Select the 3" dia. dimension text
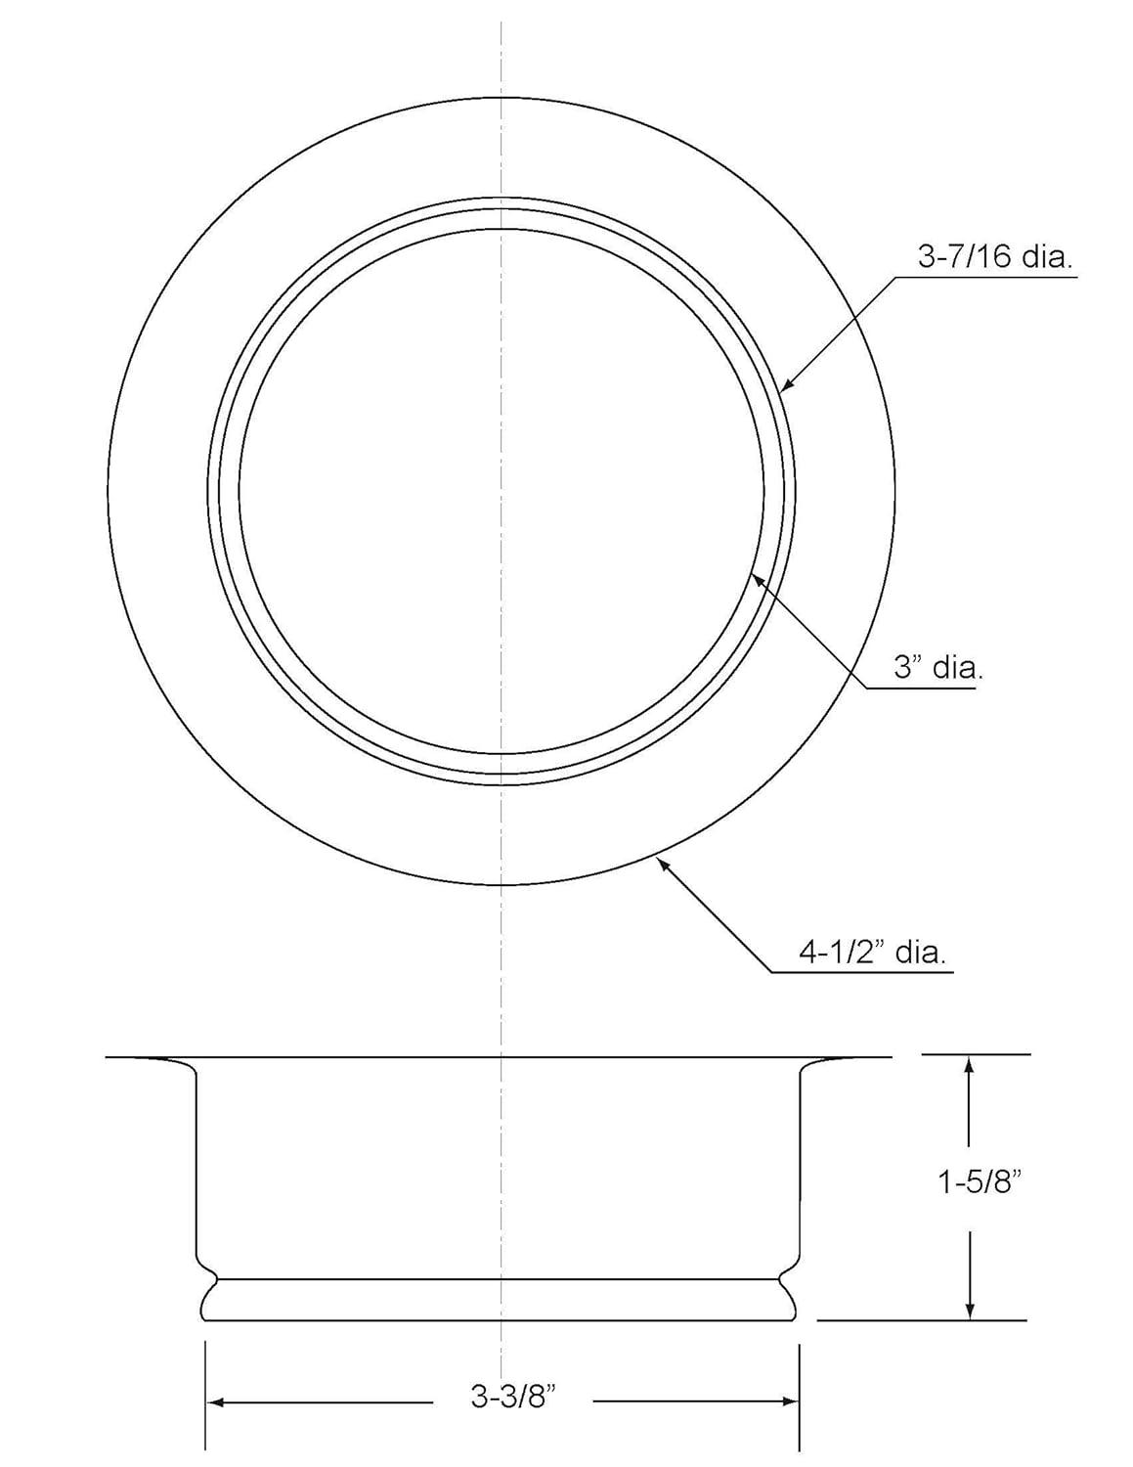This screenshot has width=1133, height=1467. [x=937, y=668]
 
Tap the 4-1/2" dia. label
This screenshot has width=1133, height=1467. [x=872, y=952]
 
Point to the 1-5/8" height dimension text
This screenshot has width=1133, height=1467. [x=980, y=1182]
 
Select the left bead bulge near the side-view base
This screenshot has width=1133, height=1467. [x=205, y=1300]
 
